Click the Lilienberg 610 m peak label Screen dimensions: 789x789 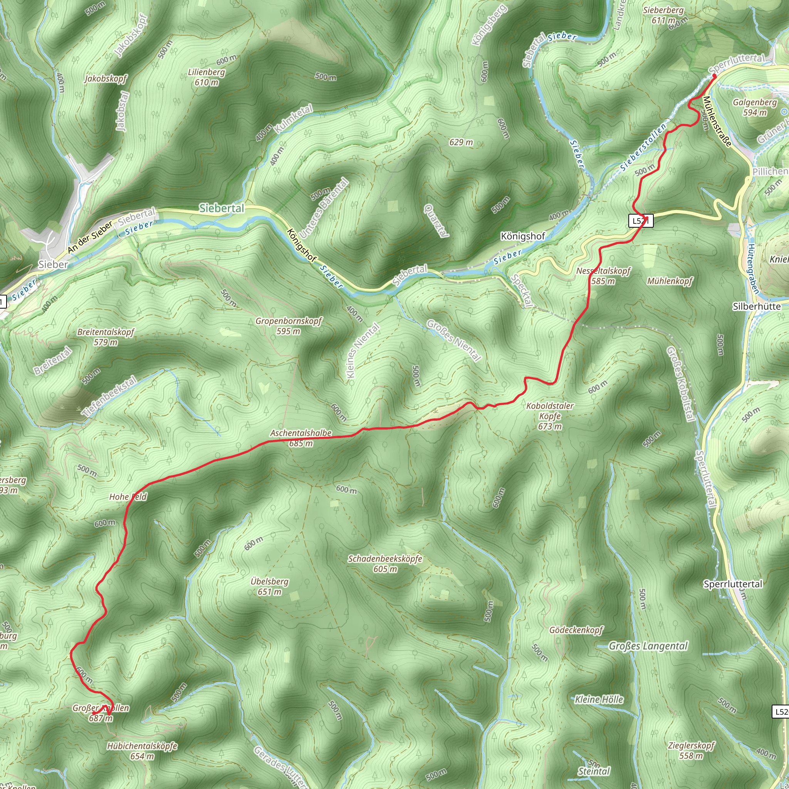(x=206, y=77)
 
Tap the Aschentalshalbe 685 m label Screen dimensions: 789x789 (x=301, y=438)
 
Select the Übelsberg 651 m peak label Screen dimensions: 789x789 (x=270, y=586)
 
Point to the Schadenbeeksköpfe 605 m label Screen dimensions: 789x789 (x=385, y=564)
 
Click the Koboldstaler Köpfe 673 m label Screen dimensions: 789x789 (x=550, y=416)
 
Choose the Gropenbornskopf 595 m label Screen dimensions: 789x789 (x=289, y=326)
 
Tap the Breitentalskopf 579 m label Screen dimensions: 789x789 (x=106, y=337)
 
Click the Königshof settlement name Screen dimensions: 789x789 (x=523, y=236)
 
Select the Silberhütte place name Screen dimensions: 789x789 (x=757, y=306)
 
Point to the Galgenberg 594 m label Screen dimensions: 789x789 (x=755, y=107)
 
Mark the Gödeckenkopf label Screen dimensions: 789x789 (x=576, y=630)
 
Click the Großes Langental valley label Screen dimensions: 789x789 (x=648, y=646)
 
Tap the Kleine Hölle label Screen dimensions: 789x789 (x=599, y=700)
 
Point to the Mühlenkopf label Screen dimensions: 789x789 (x=670, y=281)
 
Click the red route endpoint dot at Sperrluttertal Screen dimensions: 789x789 (x=714, y=76)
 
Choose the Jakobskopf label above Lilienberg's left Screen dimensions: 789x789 (x=106, y=79)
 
